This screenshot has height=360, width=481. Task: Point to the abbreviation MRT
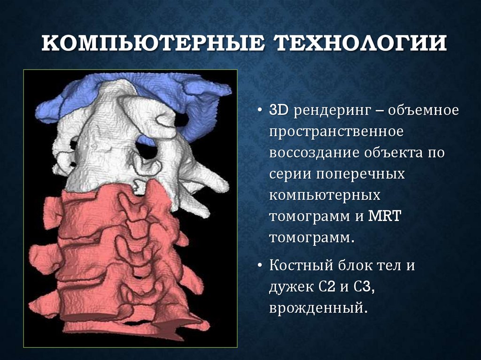[386, 216]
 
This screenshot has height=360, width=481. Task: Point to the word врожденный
[318, 308]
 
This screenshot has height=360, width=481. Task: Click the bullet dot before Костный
[260, 266]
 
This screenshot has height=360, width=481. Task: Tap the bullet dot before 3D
[260, 111]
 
